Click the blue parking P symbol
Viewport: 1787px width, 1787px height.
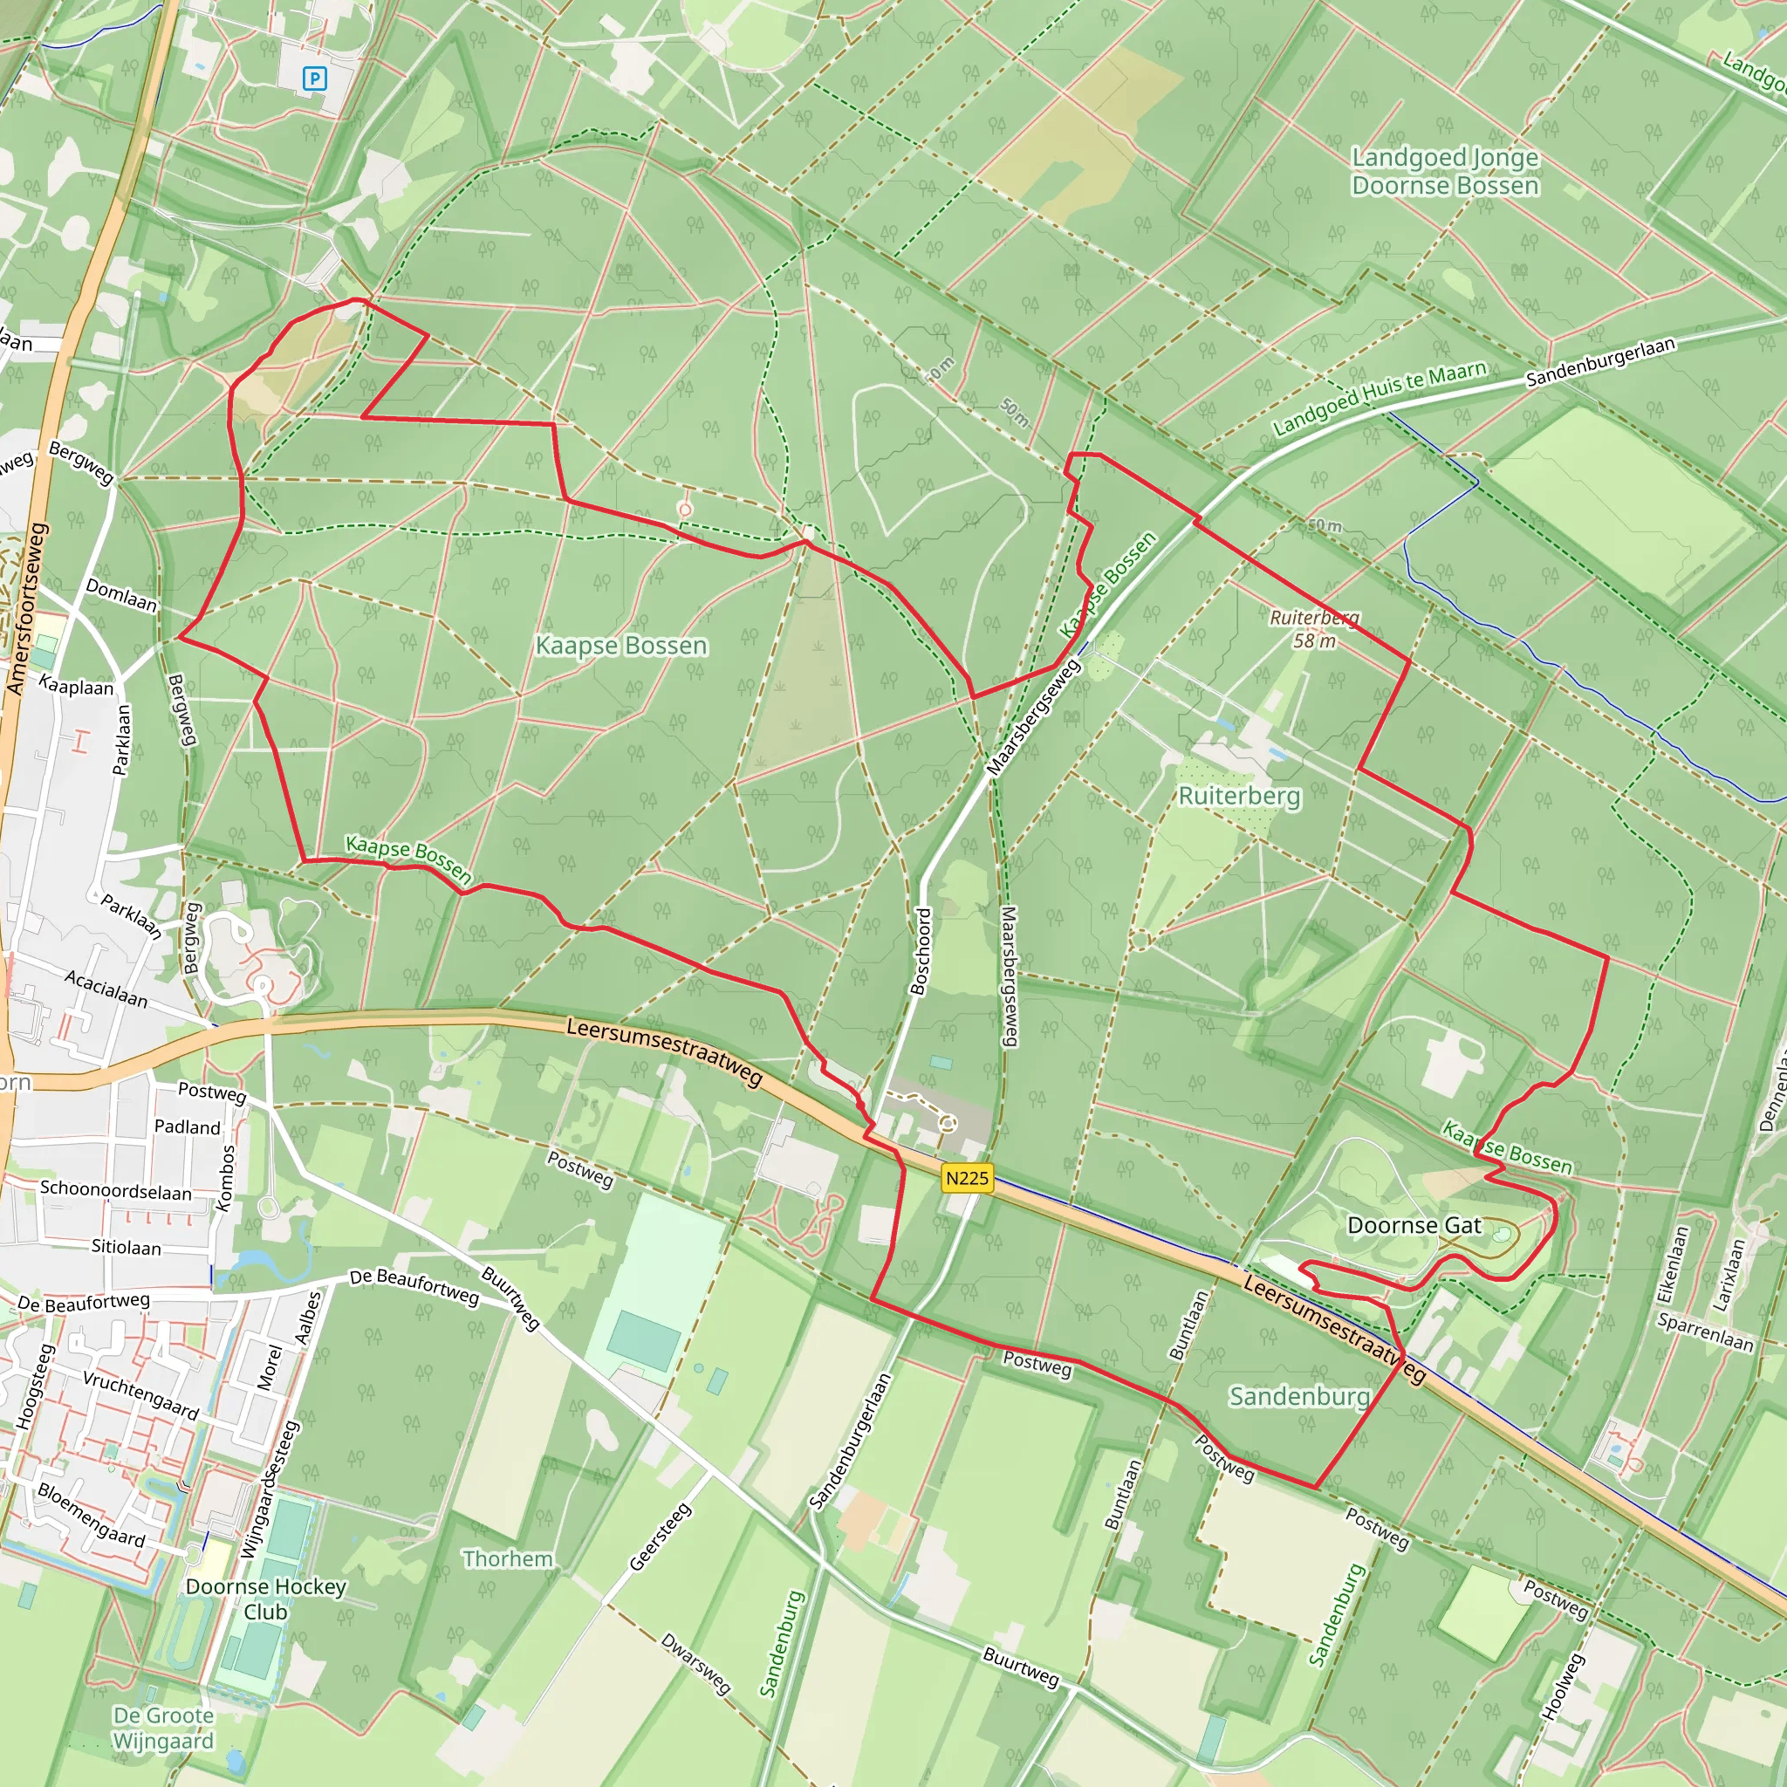[x=314, y=79]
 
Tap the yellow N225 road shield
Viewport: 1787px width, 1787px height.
[x=967, y=1177]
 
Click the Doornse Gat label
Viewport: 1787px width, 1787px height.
[x=1414, y=1226]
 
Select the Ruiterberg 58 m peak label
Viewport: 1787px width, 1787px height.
[x=1314, y=629]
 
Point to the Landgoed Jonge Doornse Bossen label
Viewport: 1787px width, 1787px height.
[x=1445, y=171]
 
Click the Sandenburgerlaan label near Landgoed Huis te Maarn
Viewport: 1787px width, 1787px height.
[x=1600, y=361]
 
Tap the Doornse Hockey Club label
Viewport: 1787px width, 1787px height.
[x=265, y=1599]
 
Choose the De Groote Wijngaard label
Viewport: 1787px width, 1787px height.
[x=163, y=1728]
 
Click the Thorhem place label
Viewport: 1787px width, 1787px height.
[x=508, y=1558]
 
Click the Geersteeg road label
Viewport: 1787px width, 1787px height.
[x=660, y=1537]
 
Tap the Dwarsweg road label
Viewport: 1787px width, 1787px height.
[x=695, y=1663]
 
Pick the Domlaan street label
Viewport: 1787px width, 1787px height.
[x=121, y=594]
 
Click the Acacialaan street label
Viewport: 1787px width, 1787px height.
[x=106, y=988]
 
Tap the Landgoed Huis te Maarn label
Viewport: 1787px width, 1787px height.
[x=1380, y=398]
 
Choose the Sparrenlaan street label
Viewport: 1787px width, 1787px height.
[x=1705, y=1332]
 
